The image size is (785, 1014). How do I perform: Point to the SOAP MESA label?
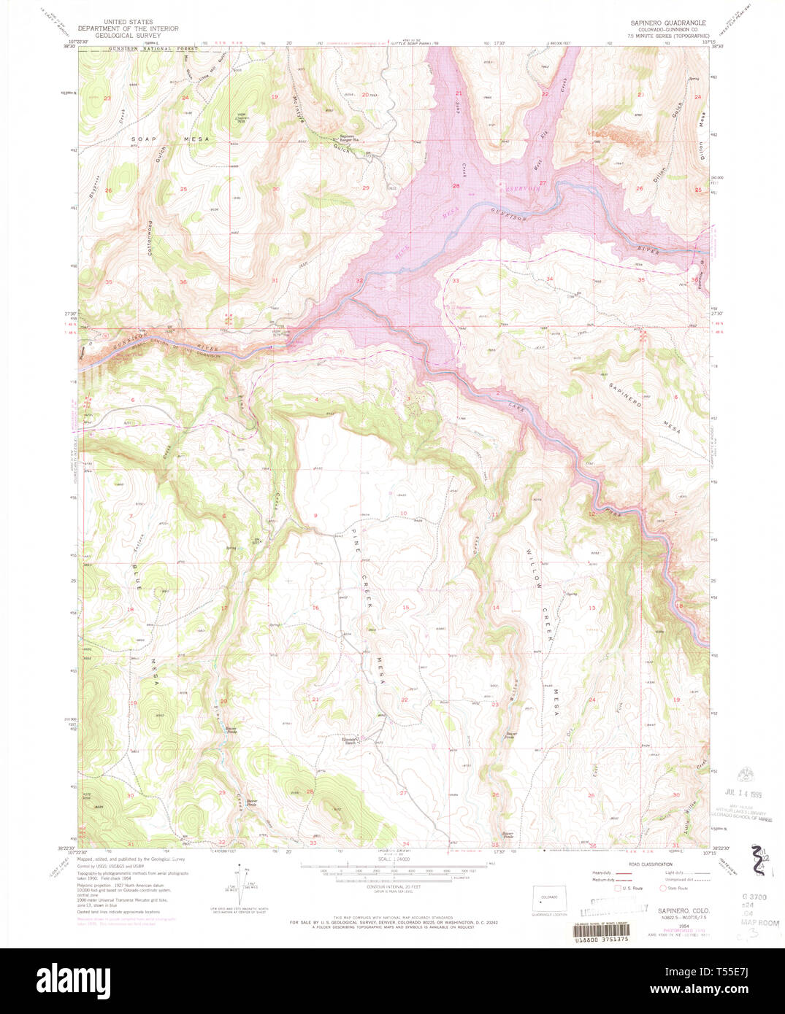click(x=170, y=139)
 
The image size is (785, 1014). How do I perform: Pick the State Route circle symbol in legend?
click(x=662, y=888)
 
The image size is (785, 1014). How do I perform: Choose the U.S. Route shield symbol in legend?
click(x=618, y=888)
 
